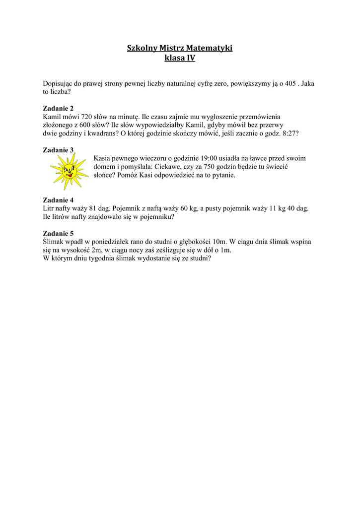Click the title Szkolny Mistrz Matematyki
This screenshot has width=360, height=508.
point(180,48)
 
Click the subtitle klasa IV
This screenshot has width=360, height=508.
point(180,59)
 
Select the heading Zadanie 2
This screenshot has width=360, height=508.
point(58,108)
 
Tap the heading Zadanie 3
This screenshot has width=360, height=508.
point(58,150)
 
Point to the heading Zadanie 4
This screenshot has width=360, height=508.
point(58,200)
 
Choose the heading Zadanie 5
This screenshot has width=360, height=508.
point(58,233)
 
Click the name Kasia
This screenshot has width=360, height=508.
point(103,158)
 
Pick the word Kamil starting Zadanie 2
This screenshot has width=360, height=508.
point(52,117)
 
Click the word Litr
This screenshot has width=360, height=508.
point(50,209)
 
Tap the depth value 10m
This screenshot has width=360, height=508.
point(220,242)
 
